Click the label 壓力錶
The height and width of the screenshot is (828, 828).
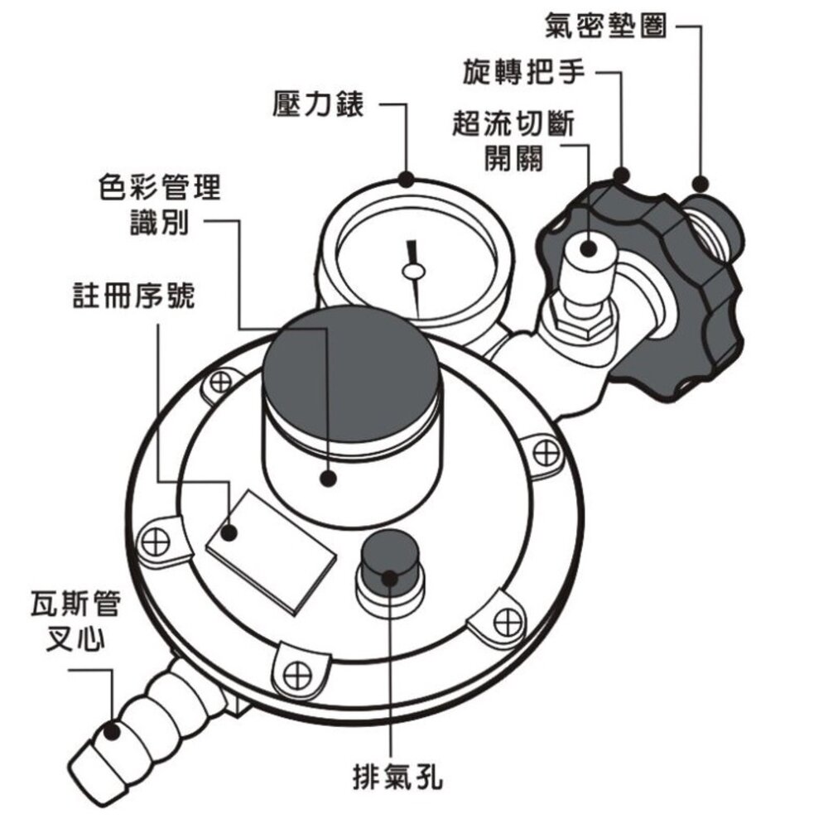(318, 105)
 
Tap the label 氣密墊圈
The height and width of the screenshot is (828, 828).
(605, 25)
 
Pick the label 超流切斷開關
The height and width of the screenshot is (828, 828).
(514, 141)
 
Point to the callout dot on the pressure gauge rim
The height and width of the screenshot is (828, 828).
(406, 178)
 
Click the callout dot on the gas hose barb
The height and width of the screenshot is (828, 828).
(111, 731)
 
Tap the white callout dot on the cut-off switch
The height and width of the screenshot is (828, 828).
(589, 248)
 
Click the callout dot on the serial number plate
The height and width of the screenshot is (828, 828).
(232, 532)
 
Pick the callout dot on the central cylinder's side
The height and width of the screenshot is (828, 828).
(330, 478)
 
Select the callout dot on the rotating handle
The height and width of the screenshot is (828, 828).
(621, 174)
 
